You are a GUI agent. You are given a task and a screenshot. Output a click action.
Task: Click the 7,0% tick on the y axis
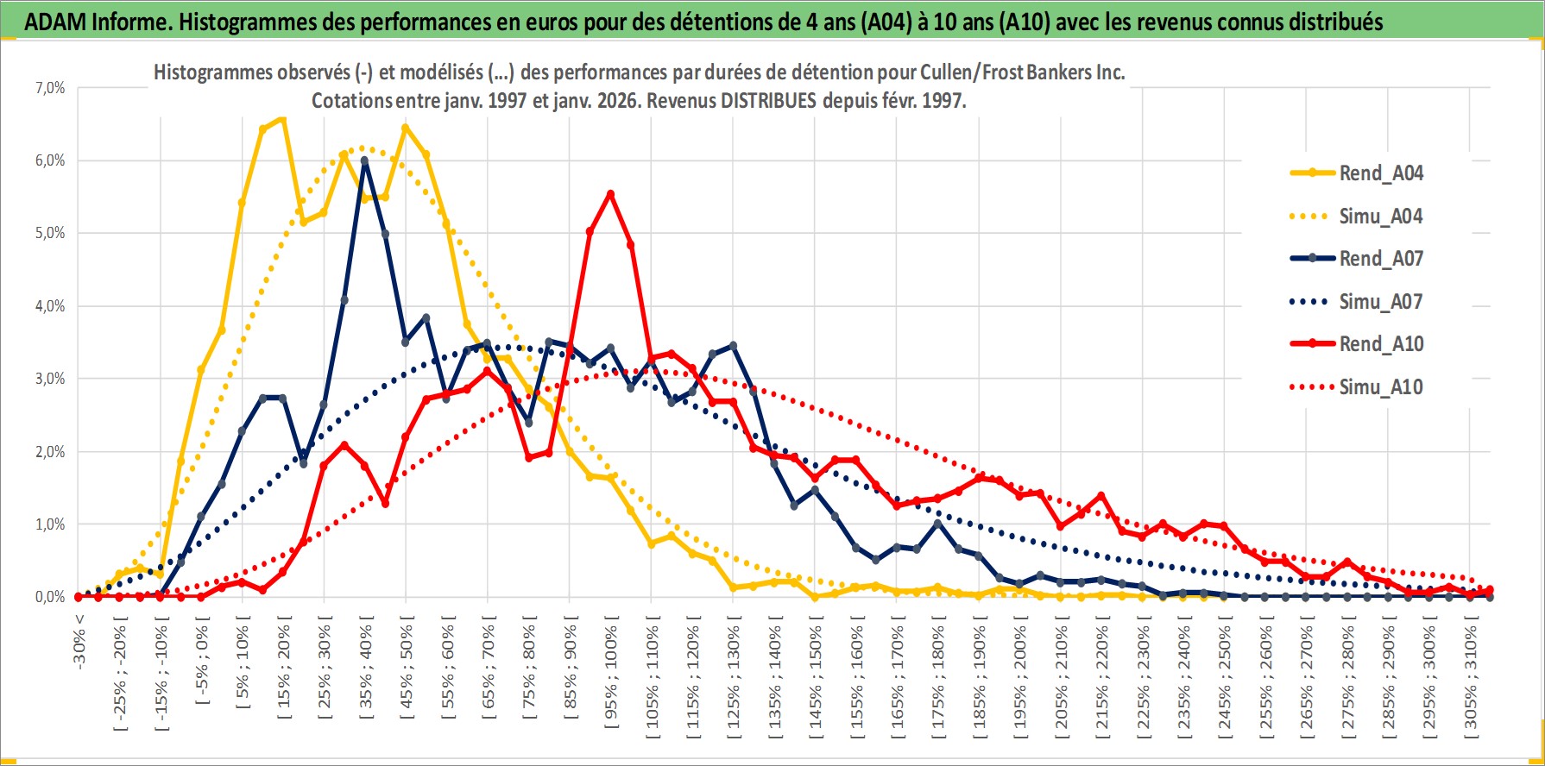(x=50, y=88)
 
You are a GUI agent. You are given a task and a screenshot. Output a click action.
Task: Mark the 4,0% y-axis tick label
(x=50, y=306)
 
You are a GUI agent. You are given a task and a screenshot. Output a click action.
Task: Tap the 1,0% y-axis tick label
(x=50, y=524)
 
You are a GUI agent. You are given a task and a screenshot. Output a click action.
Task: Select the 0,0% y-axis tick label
(x=50, y=597)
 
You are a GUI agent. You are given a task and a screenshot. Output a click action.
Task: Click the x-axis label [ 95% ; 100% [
(x=611, y=673)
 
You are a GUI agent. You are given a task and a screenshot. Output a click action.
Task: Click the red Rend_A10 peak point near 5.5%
(x=610, y=194)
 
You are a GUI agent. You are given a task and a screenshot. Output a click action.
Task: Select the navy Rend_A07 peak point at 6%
(x=364, y=161)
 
